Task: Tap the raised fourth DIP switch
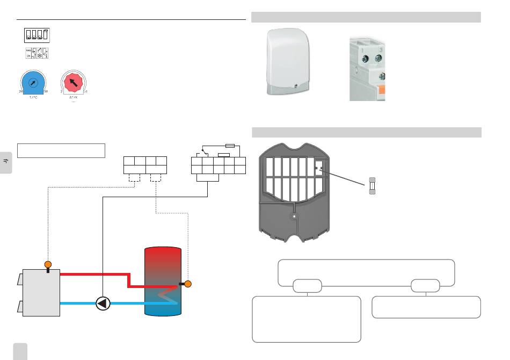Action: coord(46,35)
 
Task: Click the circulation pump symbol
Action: coord(103,303)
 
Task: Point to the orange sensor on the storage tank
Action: coord(188,284)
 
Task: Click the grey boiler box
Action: coord(40,293)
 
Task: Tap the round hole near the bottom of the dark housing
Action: coord(294,217)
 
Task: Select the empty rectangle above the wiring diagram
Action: coord(61,150)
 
